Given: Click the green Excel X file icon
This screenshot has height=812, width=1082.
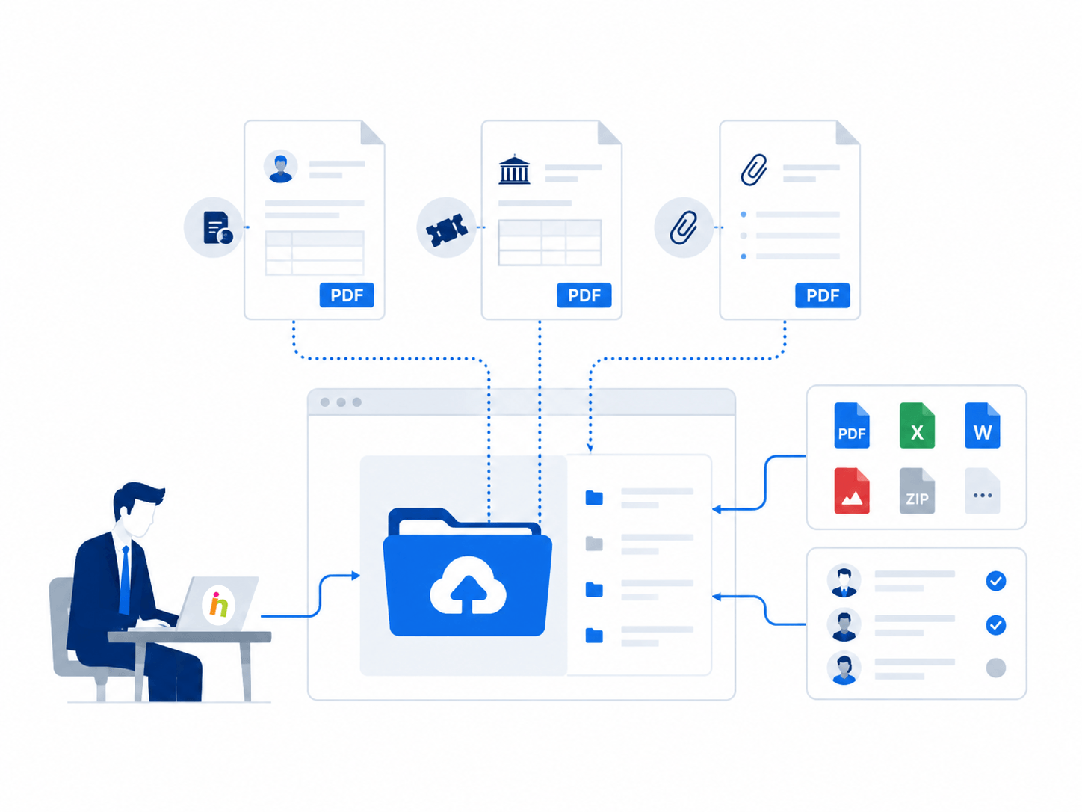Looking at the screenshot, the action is click(x=916, y=425).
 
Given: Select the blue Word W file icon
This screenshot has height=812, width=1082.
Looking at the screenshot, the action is click(x=982, y=425).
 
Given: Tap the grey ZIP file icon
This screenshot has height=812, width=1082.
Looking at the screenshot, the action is click(x=916, y=491).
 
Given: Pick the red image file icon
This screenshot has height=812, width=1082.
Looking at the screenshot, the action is click(x=851, y=491).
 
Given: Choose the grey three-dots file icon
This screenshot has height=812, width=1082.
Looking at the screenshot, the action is click(x=982, y=491).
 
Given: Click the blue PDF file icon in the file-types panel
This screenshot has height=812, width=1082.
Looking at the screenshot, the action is click(x=851, y=425).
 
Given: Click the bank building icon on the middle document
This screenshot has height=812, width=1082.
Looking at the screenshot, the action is click(x=514, y=170).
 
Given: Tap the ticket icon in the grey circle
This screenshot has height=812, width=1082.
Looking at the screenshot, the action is click(x=447, y=230).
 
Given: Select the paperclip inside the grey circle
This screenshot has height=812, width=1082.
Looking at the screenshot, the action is click(x=684, y=227).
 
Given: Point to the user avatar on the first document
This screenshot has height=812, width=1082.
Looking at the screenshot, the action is click(x=280, y=167).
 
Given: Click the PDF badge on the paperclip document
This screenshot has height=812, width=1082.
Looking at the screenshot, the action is click(x=822, y=295).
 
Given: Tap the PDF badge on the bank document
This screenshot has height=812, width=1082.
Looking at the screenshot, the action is click(x=584, y=295).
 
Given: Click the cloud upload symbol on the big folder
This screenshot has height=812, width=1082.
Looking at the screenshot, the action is click(x=468, y=585).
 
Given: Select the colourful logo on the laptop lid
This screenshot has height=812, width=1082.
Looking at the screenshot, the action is click(x=218, y=605).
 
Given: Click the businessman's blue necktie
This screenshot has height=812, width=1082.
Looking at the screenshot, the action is click(x=126, y=579).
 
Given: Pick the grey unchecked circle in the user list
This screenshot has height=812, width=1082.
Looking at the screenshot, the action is click(x=995, y=668).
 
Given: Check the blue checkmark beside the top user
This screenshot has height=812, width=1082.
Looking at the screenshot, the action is click(x=995, y=581).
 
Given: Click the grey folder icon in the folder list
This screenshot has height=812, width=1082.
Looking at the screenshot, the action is click(x=594, y=544).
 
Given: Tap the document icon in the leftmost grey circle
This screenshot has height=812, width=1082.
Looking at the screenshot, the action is click(x=217, y=227).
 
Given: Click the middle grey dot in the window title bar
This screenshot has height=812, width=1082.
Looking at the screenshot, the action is click(x=341, y=402).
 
